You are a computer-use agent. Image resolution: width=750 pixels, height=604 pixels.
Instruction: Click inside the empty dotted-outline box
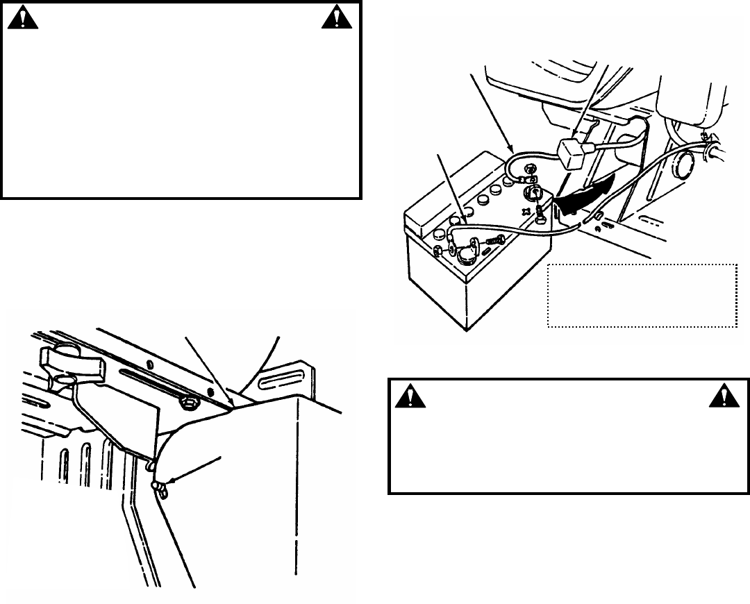[x=642, y=295]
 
